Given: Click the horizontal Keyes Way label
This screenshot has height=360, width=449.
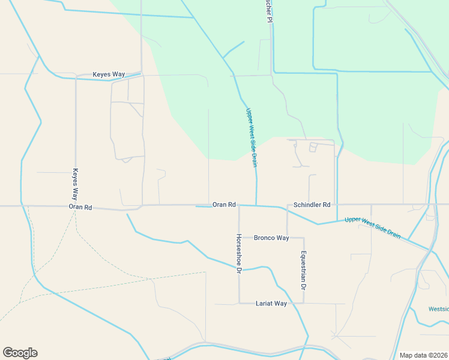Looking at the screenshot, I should click(x=109, y=74).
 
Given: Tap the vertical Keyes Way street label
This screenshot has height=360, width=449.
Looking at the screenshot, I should click(x=76, y=184).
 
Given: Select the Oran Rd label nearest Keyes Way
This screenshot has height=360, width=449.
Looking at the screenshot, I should click(x=80, y=207).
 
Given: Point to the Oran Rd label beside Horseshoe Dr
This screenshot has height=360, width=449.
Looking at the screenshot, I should click(x=224, y=205).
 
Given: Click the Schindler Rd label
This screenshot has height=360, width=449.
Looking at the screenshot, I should click(x=312, y=205).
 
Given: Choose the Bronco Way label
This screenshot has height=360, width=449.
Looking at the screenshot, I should click(x=271, y=238).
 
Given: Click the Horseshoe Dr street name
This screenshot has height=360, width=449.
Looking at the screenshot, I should click(x=239, y=254).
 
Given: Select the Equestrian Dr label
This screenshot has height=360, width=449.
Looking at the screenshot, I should click(x=304, y=271).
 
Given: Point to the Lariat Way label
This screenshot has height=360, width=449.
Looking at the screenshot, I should click(x=271, y=304).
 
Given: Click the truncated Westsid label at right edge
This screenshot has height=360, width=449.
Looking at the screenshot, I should click(x=438, y=310).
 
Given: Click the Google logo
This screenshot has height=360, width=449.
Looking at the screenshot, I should click(x=20, y=353).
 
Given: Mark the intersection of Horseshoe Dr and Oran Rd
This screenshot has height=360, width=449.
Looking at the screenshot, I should click(x=239, y=205).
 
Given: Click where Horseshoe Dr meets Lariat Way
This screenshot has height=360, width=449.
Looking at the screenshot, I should click(x=239, y=303).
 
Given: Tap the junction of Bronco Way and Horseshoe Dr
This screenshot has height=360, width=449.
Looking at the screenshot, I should click(x=239, y=238).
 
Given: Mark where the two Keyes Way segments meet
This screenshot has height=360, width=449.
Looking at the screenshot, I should click(x=76, y=77).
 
